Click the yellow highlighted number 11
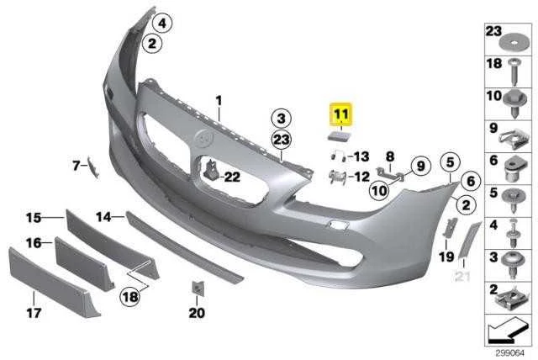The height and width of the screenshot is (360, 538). point(340,114)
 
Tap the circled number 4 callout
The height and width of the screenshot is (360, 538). point(162,23)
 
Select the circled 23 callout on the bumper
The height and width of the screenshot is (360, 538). point(282,140)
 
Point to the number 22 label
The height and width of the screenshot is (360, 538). point(232,177)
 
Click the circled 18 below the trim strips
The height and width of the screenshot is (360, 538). point(130,297)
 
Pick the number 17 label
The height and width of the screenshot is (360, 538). point(34,313)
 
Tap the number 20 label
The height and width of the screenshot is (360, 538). point(197,313)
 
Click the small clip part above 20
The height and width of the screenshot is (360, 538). point(198,288)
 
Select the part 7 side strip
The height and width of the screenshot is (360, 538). point(93,167)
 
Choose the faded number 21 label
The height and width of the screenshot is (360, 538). point(462,276)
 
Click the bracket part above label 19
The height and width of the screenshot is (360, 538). point(450,227)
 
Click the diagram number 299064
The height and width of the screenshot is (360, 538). point(510,352)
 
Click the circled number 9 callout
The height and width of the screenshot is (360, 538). point(420,166)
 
